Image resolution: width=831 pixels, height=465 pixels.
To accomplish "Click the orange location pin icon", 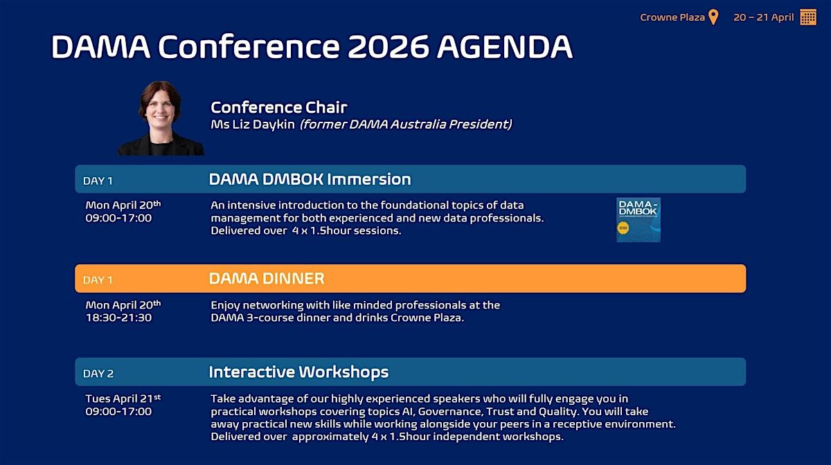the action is [713, 17].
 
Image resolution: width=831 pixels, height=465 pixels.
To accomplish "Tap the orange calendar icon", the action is [808, 17].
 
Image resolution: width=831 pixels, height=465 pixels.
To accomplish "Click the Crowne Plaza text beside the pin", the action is [672, 17].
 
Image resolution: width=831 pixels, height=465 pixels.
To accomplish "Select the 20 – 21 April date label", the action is [763, 17].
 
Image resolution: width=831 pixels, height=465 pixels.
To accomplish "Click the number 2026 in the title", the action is [388, 47].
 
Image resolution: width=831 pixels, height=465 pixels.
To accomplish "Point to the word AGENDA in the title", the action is [505, 47].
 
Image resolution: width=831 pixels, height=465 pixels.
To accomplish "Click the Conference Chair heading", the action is [279, 107].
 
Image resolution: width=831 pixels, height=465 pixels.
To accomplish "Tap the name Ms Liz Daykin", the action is [253, 125].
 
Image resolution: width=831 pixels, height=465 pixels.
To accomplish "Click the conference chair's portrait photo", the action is [161, 118].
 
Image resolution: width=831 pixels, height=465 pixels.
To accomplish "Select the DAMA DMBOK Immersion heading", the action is [310, 179].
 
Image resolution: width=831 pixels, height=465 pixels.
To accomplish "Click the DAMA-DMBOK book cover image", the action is [638, 220].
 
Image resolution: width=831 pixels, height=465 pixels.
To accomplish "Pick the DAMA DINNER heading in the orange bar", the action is [267, 278].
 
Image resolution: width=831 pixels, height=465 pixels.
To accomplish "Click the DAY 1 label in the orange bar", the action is [98, 280].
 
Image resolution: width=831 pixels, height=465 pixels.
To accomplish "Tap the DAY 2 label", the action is [98, 374].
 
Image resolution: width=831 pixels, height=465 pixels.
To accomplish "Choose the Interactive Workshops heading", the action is [298, 372].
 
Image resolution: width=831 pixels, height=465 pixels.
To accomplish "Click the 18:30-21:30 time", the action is [118, 318].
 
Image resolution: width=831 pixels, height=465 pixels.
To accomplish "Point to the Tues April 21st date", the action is [123, 399].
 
